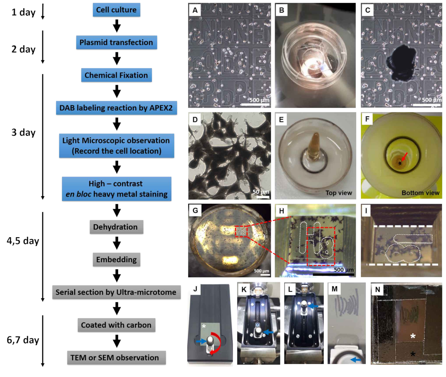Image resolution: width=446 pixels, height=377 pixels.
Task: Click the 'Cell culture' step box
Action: [116, 10]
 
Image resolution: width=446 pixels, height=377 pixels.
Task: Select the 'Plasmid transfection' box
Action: [116, 42]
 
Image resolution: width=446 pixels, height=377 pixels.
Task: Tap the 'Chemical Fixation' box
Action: [116, 75]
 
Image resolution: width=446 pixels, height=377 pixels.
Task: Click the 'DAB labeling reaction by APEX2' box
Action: [116, 108]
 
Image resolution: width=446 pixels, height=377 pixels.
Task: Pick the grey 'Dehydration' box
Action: [115, 227]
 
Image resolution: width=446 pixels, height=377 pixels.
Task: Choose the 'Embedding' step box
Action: [116, 260]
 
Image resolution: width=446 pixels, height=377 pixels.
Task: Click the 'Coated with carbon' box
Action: [116, 325]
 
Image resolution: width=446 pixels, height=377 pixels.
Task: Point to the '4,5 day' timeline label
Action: [23, 241]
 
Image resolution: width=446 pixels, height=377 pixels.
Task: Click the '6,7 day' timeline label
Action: [23, 340]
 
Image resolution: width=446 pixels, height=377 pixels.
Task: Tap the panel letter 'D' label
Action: [195, 120]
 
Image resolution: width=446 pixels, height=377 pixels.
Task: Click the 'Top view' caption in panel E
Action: [339, 193]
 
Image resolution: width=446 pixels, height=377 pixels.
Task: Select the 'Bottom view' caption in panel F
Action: [420, 193]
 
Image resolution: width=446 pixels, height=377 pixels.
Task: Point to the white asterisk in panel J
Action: [203, 326]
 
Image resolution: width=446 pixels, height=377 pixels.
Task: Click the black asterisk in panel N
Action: [413, 354]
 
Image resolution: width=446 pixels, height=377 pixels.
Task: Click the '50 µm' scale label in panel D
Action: [261, 191]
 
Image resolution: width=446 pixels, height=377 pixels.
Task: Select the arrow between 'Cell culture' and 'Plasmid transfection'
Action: [117, 26]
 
